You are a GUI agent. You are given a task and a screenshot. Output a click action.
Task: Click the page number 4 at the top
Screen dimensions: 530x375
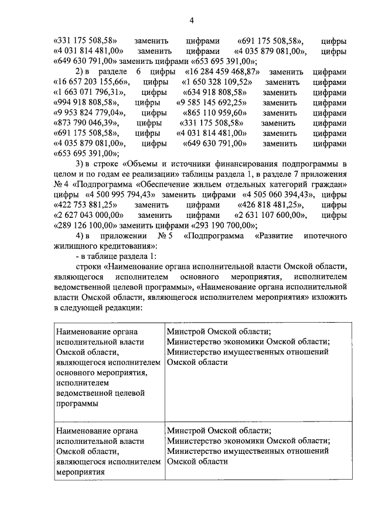pyautogui.click(x=191, y=22)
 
